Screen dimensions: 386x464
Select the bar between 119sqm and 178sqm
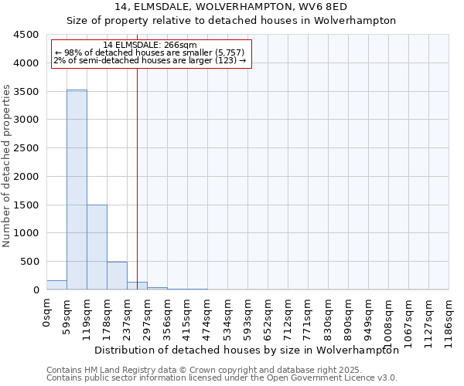tap(97, 247)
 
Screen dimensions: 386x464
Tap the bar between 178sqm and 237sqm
tap(117, 276)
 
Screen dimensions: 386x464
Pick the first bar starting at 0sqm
tap(56, 285)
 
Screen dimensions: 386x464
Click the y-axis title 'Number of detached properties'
tap(7, 165)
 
